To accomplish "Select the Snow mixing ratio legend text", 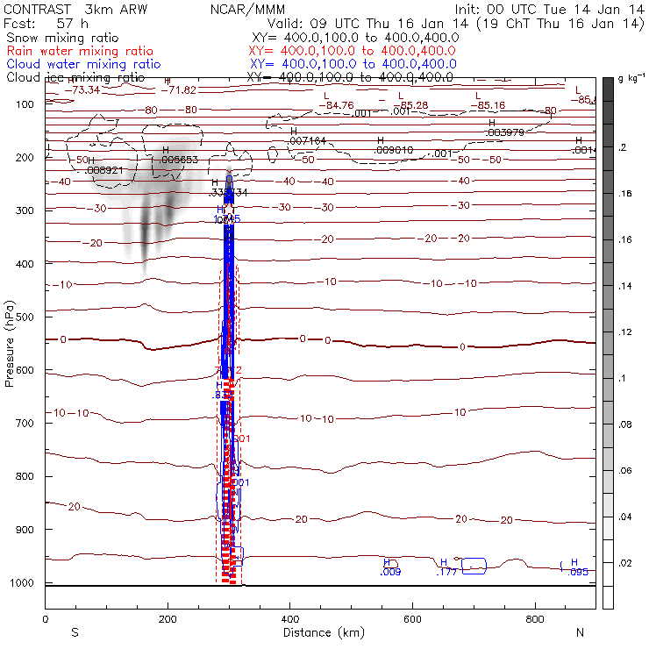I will [x=57, y=39].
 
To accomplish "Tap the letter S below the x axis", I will [x=75, y=632].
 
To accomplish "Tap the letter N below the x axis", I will [x=579, y=632].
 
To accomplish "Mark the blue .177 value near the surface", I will [x=447, y=572].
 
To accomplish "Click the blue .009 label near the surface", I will [x=391, y=573].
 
